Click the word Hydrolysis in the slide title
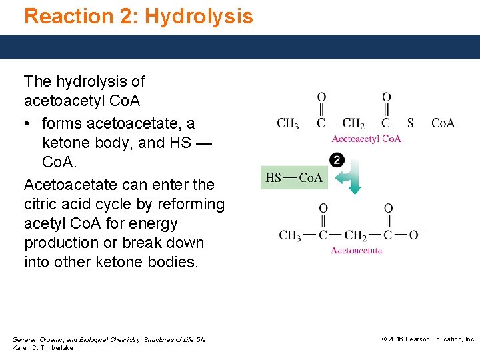(x=199, y=16)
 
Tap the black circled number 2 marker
(x=337, y=160)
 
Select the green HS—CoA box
(x=294, y=177)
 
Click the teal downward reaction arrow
(x=355, y=180)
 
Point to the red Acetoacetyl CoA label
(x=366, y=139)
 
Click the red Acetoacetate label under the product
(x=357, y=251)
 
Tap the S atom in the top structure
(x=411, y=123)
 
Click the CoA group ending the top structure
(x=443, y=123)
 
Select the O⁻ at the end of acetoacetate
(x=417, y=235)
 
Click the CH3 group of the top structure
(x=288, y=123)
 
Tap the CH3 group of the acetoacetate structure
(x=290, y=235)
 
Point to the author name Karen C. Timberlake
(x=43, y=348)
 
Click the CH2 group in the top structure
(x=353, y=123)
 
